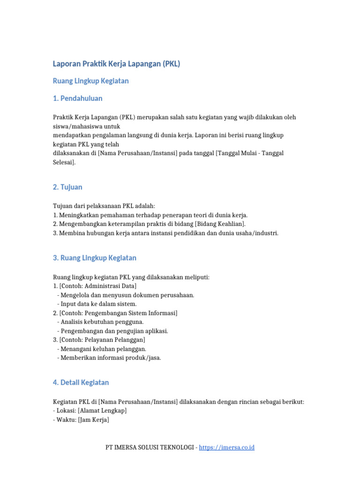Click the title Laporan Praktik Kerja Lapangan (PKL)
[116, 64]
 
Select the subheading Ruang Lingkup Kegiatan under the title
[91, 81]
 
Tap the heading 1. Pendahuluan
[78, 98]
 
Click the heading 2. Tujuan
[67, 187]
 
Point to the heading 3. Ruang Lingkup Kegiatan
[95, 258]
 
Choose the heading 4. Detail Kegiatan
[81, 382]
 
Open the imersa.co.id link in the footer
[226, 448]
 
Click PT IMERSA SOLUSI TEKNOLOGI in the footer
[150, 448]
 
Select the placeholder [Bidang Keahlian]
[219, 224]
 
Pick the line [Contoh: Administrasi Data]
[98, 286]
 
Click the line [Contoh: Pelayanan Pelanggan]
[102, 339]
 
